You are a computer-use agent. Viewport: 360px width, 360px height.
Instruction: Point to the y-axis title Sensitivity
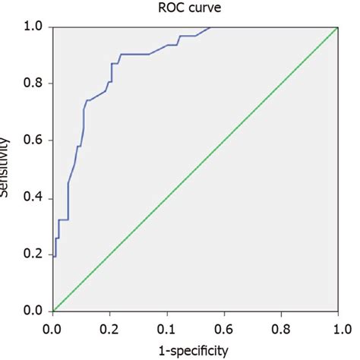coord(5,169)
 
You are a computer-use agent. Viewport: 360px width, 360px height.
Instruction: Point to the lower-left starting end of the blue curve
coord(53,256)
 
